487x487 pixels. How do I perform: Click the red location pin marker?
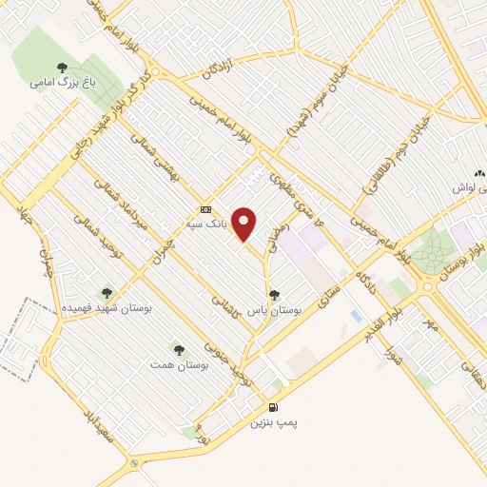point(245,224)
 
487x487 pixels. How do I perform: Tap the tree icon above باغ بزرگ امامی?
point(63,67)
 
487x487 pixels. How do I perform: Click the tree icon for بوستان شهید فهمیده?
point(106,294)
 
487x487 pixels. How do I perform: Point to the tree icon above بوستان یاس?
point(275,295)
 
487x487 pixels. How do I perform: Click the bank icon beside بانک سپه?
point(205,209)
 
